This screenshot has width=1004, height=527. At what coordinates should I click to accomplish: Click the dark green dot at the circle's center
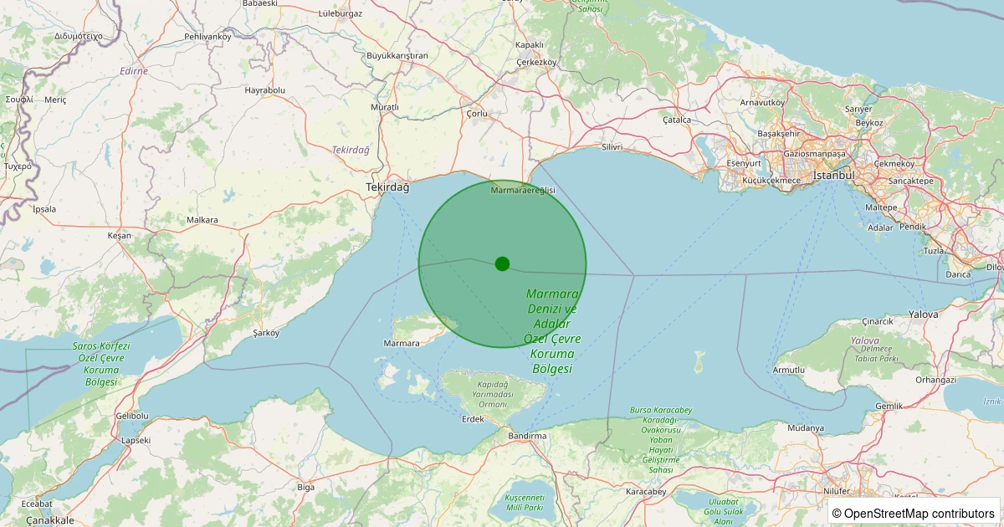point(502,263)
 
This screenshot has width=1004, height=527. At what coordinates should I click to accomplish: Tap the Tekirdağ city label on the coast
point(387,188)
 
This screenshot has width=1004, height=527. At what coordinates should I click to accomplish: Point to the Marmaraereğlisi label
point(523,191)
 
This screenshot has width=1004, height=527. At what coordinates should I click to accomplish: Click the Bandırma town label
point(526,436)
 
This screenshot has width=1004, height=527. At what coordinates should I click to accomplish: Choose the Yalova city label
point(924,315)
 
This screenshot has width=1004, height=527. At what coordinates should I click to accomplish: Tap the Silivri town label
point(612,147)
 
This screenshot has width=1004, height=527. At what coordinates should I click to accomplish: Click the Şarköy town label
point(265,332)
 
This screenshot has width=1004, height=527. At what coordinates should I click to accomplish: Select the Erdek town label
point(473,419)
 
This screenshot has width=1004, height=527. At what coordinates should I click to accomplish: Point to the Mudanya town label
point(806,428)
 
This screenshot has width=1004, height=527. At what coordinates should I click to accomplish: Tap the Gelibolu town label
point(132,416)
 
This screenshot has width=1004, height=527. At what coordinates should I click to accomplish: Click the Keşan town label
point(120,236)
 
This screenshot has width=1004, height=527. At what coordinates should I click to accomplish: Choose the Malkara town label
point(202,220)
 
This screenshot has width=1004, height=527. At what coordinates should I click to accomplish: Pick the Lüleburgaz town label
point(341,14)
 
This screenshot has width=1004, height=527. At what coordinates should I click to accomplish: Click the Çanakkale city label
point(50,520)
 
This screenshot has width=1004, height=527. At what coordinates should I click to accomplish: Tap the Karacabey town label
point(646,492)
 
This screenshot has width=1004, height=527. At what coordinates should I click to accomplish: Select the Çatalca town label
point(677,120)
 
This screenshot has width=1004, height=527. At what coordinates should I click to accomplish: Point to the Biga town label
point(306,487)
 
